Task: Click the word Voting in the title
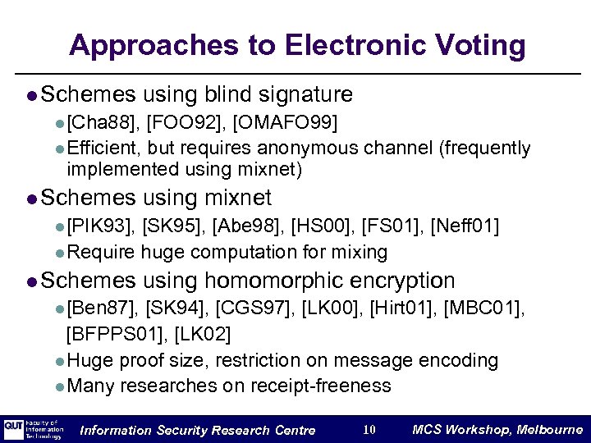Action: [476, 45]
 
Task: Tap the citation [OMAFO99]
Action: [286, 123]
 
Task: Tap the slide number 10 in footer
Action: [369, 430]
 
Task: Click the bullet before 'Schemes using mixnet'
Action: [30, 199]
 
